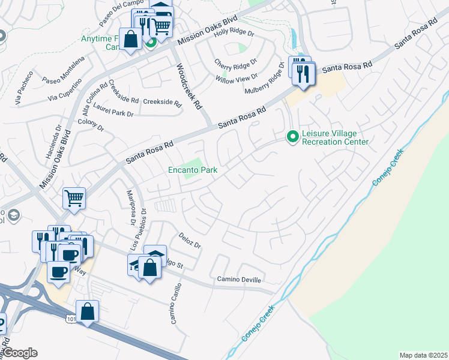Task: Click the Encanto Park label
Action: click(x=192, y=170)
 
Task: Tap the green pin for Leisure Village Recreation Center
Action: click(x=292, y=137)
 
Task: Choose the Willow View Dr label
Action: click(x=237, y=78)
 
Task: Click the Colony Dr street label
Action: click(x=91, y=127)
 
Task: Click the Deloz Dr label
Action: click(x=190, y=241)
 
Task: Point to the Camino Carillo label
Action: click(x=176, y=303)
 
